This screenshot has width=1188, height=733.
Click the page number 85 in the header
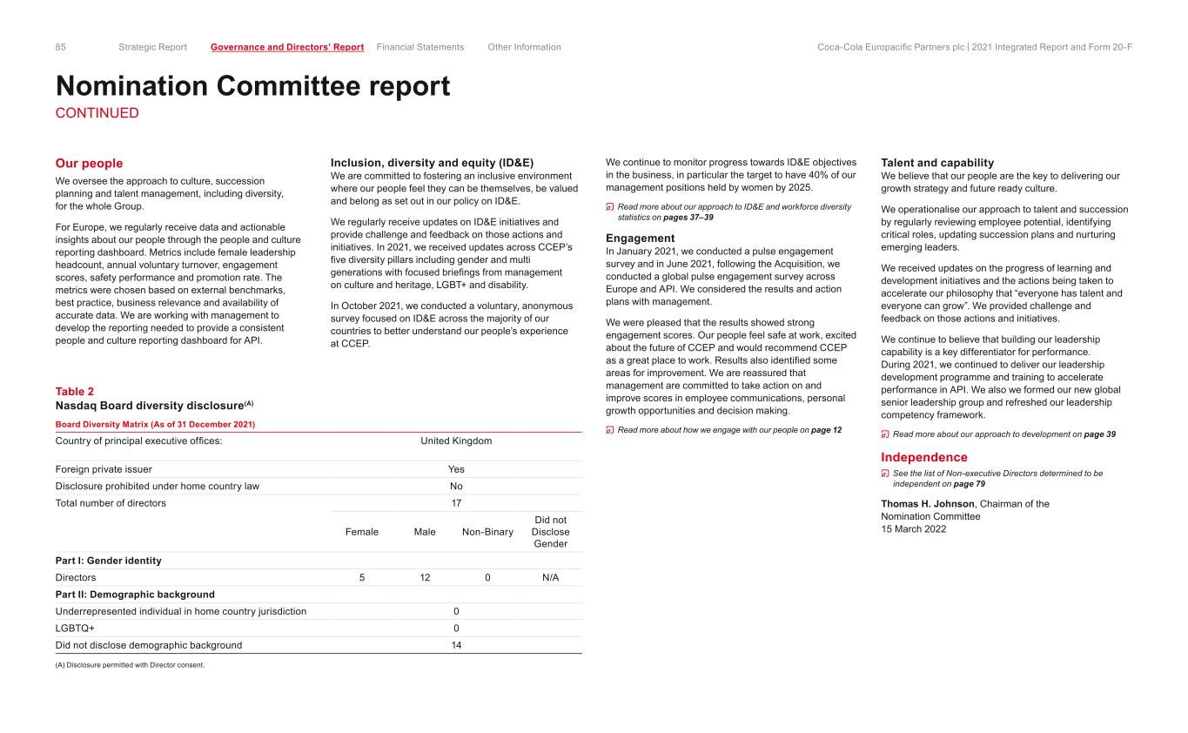click(x=61, y=47)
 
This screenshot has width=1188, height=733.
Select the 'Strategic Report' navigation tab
click(x=152, y=47)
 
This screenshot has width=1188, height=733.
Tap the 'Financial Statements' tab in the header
click(x=420, y=47)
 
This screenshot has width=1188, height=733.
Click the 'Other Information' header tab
click(x=524, y=47)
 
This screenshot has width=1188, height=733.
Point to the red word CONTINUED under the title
click(x=97, y=113)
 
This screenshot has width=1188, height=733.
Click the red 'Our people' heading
click(x=89, y=164)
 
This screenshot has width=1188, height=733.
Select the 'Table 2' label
click(x=75, y=392)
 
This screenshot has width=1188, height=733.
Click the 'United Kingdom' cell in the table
click(x=456, y=440)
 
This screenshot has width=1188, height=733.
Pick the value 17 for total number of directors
click(x=456, y=503)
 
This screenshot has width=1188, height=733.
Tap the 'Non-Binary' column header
click(x=487, y=532)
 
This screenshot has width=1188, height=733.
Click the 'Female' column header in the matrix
click(x=362, y=532)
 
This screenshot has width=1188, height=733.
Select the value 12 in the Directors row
click(x=425, y=577)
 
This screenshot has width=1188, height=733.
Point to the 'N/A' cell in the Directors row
click(x=550, y=577)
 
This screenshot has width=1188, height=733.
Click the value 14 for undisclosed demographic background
click(x=456, y=645)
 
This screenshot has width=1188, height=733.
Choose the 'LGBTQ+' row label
click(x=75, y=629)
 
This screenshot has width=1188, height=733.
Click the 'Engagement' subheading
click(x=640, y=238)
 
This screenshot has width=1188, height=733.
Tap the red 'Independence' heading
click(x=923, y=457)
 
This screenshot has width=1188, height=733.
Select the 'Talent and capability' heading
click(x=936, y=163)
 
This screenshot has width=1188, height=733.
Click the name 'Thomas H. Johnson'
click(x=928, y=504)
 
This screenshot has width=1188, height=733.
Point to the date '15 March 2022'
click(x=913, y=529)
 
